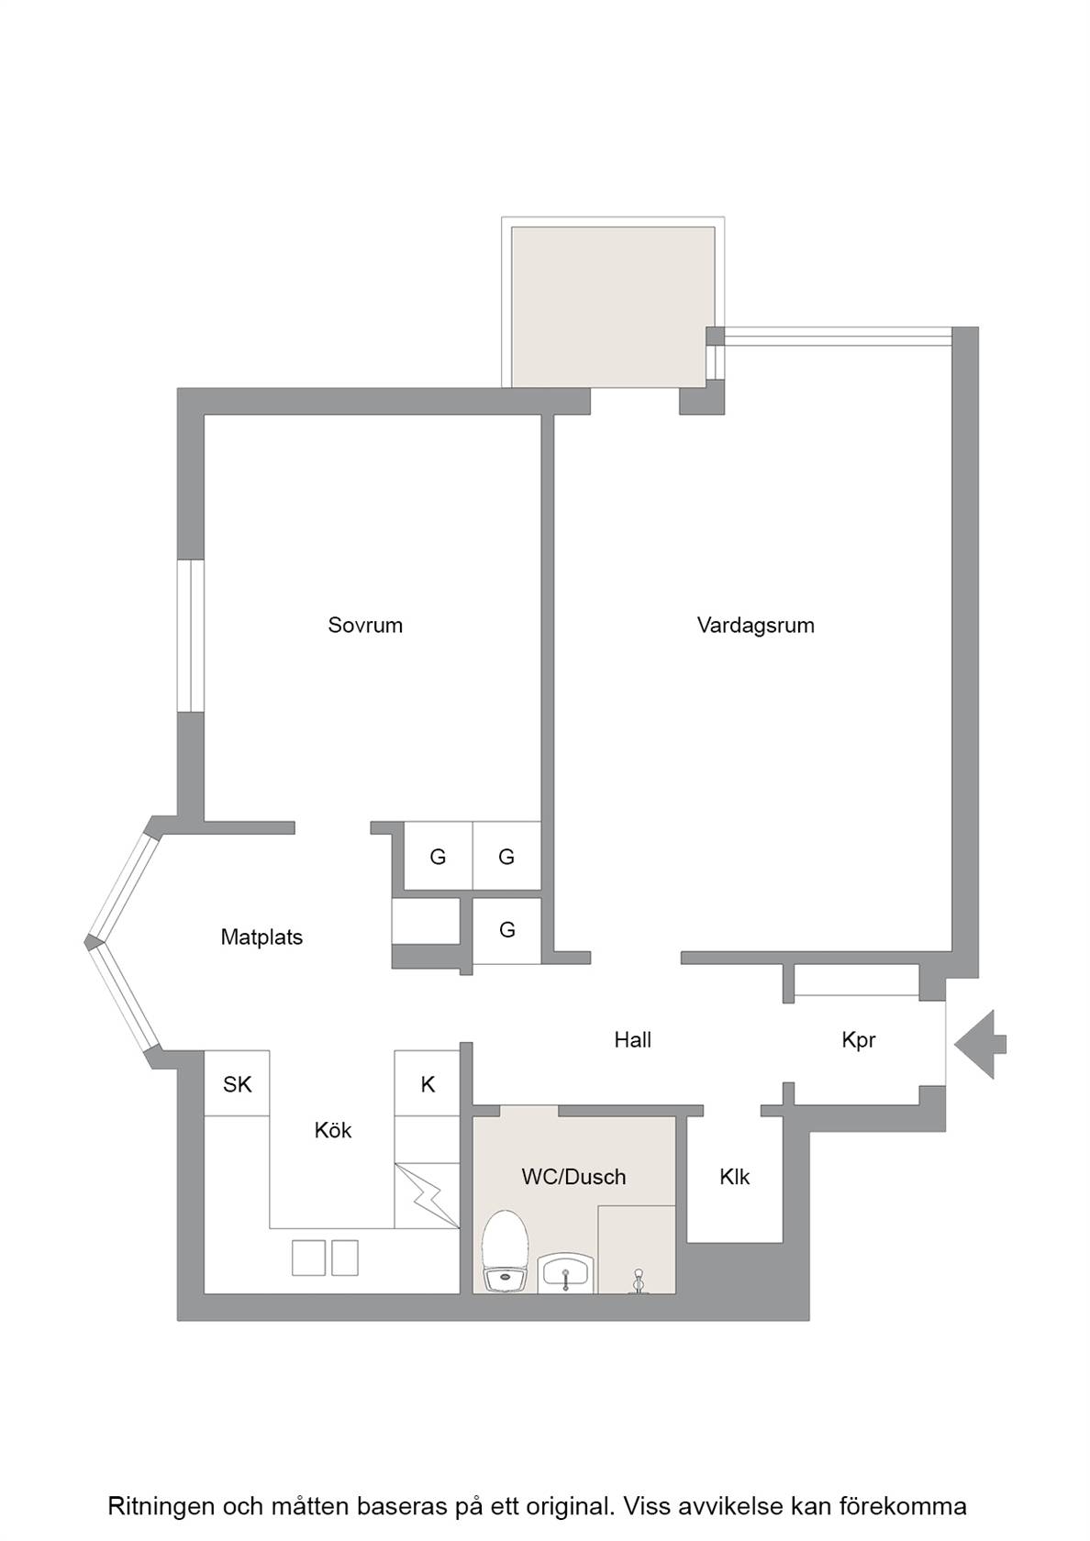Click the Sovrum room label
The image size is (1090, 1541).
[x=365, y=626]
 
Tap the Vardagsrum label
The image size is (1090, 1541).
[x=756, y=626]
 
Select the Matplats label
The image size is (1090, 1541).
[x=261, y=937]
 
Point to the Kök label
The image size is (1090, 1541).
[x=333, y=1130]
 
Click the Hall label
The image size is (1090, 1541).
[x=632, y=1039]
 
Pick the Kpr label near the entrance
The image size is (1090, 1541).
[x=858, y=1040]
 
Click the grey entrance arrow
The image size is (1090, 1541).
[x=980, y=1044]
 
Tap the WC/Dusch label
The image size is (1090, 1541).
[x=574, y=1177]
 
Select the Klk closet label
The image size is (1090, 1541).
[x=734, y=1177]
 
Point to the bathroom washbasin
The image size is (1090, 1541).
[x=564, y=1272]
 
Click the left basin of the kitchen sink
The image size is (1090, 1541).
[x=308, y=1258]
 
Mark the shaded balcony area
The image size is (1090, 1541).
[x=613, y=307]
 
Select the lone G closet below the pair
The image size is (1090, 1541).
[x=507, y=931]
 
